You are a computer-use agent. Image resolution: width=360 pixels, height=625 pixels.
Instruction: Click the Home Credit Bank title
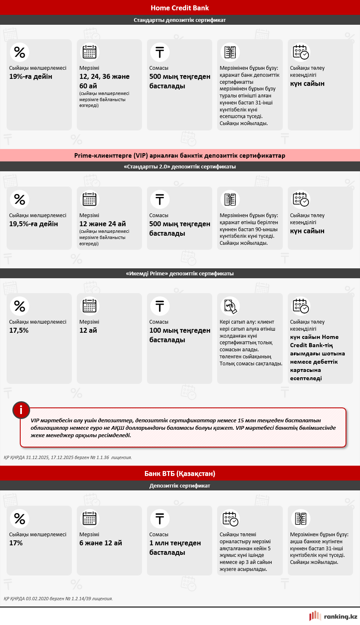click(180, 8)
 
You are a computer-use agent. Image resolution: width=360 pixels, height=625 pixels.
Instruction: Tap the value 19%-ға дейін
click(31, 76)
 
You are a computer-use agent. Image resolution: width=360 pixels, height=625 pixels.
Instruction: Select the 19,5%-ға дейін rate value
click(34, 224)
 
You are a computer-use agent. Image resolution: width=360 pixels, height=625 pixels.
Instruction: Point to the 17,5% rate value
click(19, 330)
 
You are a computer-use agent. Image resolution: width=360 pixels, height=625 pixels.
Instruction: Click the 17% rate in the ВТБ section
click(16, 543)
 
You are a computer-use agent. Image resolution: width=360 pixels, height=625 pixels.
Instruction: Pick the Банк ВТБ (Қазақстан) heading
click(180, 473)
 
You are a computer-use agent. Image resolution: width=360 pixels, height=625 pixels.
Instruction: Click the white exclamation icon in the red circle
click(21, 410)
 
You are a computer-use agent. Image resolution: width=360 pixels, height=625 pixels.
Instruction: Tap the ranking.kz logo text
click(341, 616)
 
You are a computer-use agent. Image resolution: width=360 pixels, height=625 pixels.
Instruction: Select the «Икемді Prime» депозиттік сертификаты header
click(180, 273)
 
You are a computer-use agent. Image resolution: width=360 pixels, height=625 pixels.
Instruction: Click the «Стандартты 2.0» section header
click(180, 167)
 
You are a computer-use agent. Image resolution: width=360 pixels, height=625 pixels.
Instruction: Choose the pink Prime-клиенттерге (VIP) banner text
click(180, 156)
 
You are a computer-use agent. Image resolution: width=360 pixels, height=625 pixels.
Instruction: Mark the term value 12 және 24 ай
click(102, 224)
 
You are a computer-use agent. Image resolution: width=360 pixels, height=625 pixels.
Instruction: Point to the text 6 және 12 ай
click(101, 543)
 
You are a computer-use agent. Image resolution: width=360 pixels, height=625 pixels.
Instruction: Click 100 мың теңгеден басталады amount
click(180, 335)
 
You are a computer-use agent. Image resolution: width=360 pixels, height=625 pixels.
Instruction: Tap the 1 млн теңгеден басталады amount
click(175, 547)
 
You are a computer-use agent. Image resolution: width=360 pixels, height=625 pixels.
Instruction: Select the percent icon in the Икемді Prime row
click(19, 306)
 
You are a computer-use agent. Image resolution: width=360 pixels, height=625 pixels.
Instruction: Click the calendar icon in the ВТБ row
click(90, 518)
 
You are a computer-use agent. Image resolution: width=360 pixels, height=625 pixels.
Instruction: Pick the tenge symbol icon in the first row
click(160, 52)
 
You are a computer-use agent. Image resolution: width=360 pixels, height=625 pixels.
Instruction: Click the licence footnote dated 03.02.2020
click(58, 598)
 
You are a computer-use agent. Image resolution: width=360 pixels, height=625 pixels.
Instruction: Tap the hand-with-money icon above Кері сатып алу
click(230, 306)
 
